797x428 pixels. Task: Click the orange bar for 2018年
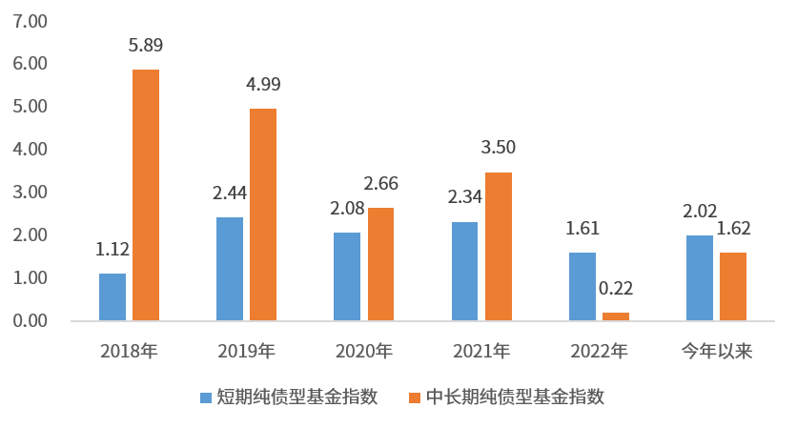point(146,194)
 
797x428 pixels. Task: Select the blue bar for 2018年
point(112,296)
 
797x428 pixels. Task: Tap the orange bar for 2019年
point(263,214)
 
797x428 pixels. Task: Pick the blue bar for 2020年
point(347,276)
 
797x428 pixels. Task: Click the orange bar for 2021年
point(499,246)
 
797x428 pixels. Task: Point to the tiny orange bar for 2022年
point(616,316)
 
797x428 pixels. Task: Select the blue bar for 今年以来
point(700,277)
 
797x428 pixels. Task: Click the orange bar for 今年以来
point(733,286)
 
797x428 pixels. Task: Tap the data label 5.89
point(146,46)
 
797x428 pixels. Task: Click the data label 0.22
point(616,289)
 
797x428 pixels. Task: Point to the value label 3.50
point(499,149)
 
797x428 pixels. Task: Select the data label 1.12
point(112,250)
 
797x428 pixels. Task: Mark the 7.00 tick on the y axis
point(30,20)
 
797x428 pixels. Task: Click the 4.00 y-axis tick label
point(30,149)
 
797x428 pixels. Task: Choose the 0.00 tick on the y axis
point(30,321)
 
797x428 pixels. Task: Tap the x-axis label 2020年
point(364,352)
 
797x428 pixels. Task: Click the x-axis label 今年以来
point(716,352)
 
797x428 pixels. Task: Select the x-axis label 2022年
point(599,352)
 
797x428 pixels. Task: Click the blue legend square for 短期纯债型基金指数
point(206,397)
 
